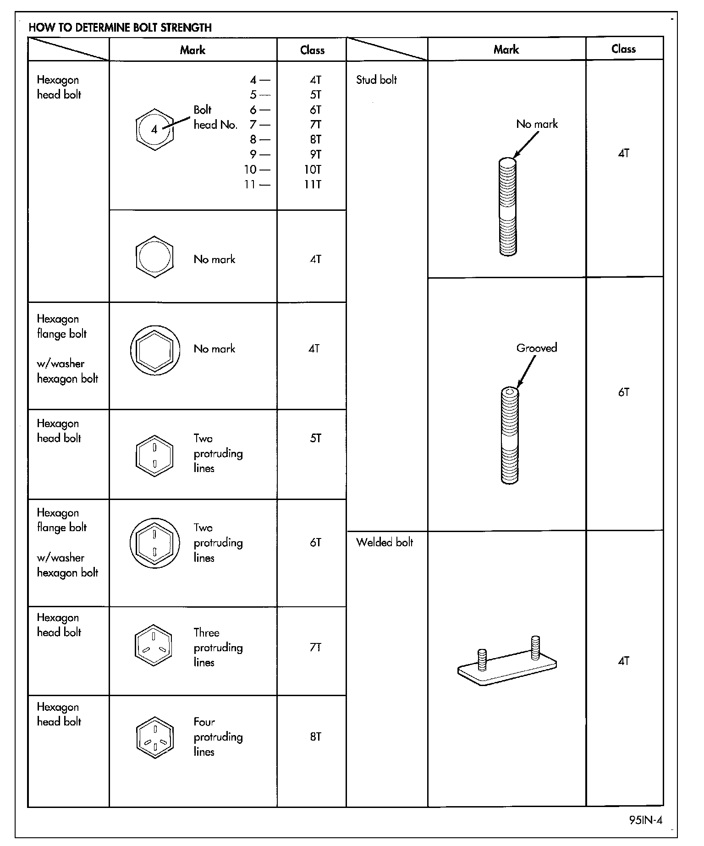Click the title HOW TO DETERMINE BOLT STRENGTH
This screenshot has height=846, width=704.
tap(120, 27)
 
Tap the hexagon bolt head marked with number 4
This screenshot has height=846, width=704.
tap(155, 129)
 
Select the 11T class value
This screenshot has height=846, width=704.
tap(313, 185)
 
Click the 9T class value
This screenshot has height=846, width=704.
tap(315, 154)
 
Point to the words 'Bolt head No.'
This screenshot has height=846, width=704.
tap(215, 117)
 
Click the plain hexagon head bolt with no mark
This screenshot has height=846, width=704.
tap(155, 257)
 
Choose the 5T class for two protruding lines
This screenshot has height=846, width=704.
tap(315, 439)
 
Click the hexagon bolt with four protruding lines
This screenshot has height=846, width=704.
tap(155, 737)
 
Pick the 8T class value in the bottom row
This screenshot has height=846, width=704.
tap(315, 737)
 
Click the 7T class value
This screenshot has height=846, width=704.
tap(315, 648)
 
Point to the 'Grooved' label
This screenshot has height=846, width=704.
tap(537, 348)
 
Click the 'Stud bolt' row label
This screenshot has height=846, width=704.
tap(376, 80)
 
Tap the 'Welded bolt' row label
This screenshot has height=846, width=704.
tap(385, 543)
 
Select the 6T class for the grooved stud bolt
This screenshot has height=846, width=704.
tap(623, 392)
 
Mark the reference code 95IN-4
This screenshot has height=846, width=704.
tap(645, 820)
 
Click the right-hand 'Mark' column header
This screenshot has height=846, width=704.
tap(506, 49)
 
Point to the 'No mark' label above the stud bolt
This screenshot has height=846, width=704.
tap(537, 124)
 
